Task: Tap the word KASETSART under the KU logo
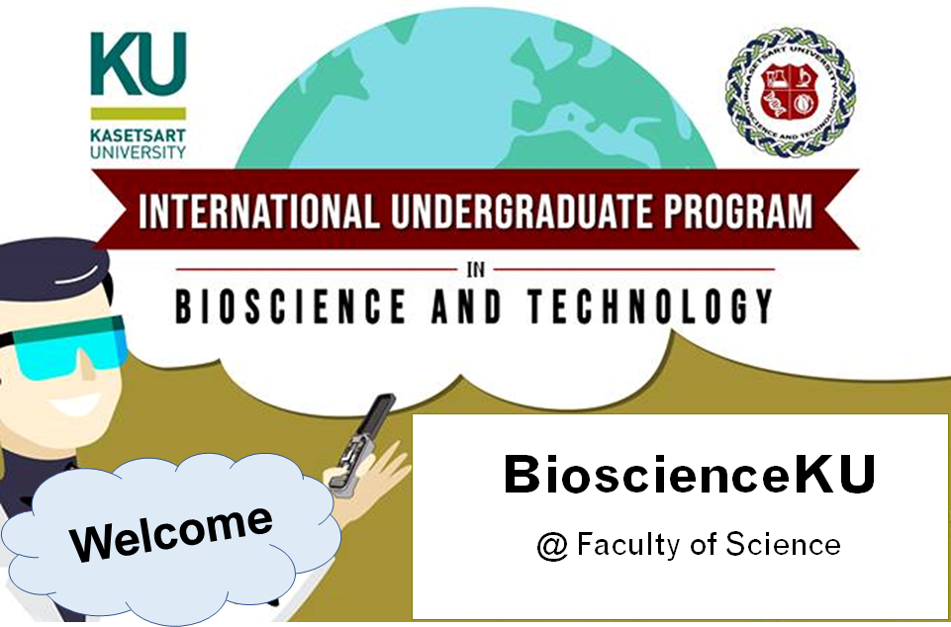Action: click(139, 136)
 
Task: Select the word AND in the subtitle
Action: click(466, 308)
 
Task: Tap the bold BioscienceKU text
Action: click(689, 475)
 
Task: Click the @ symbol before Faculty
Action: click(550, 545)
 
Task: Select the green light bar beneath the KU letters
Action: click(139, 113)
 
